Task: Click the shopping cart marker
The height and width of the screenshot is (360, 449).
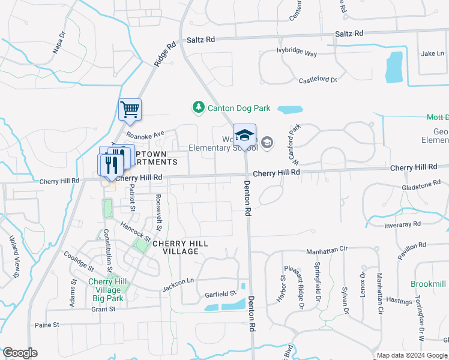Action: [130, 110]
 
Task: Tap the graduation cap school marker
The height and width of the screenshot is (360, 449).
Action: [244, 134]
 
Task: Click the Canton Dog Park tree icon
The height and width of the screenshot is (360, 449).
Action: [198, 108]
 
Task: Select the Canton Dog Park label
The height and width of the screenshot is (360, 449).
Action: [239, 109]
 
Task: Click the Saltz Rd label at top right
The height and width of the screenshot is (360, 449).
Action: [349, 34]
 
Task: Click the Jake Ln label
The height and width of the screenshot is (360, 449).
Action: [432, 53]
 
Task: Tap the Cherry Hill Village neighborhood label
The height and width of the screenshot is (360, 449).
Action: [180, 248]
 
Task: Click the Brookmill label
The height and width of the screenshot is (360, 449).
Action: [429, 284]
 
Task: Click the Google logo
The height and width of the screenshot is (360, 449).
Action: [20, 353]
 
